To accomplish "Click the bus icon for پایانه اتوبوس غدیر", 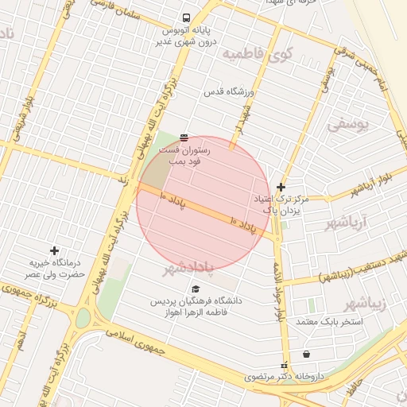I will click(186, 17).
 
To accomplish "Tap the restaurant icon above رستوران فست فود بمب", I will click(184, 138).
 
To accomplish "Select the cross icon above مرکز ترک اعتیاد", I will click(281, 187).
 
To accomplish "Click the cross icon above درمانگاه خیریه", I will click(54, 251).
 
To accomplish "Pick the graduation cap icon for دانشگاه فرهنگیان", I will click(196, 289).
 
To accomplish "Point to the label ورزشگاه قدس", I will click(228, 92).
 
